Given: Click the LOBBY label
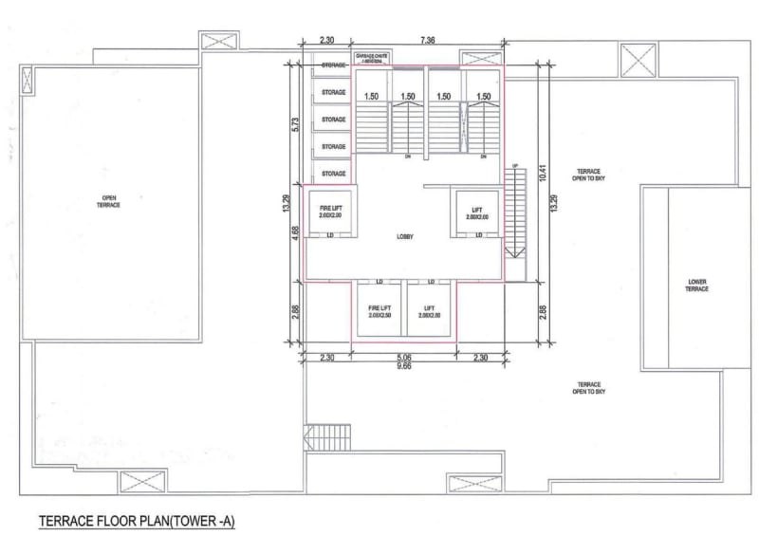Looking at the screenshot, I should [405, 236].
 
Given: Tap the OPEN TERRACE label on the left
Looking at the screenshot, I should [110, 202].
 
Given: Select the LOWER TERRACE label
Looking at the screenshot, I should [696, 285].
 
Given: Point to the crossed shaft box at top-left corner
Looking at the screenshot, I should [213, 41].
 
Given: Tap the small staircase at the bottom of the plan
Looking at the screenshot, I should [314, 439].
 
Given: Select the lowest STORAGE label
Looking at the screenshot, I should [333, 174].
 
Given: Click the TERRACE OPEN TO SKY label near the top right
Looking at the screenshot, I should [588, 175].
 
